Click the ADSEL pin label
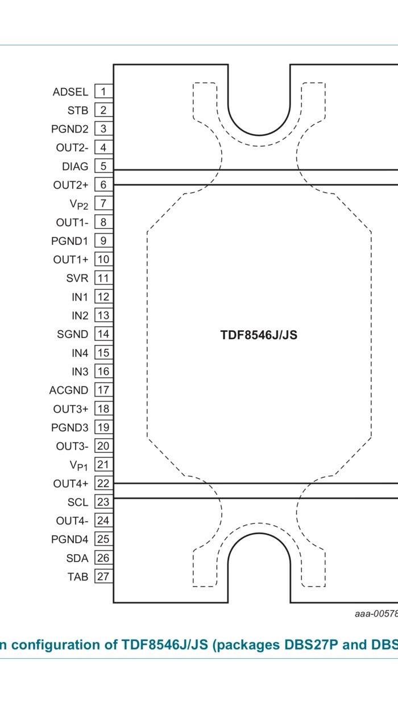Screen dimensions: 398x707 click(71, 92)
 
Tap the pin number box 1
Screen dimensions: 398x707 click(103, 92)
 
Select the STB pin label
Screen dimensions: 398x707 click(78, 110)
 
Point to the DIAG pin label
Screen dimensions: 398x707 click(75, 167)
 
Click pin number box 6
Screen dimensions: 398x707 click(103, 185)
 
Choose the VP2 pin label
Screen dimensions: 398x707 click(79, 204)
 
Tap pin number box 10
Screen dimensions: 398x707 click(103, 260)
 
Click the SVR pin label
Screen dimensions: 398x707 click(77, 278)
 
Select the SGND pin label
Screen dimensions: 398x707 click(73, 334)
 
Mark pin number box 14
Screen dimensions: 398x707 click(103, 334)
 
